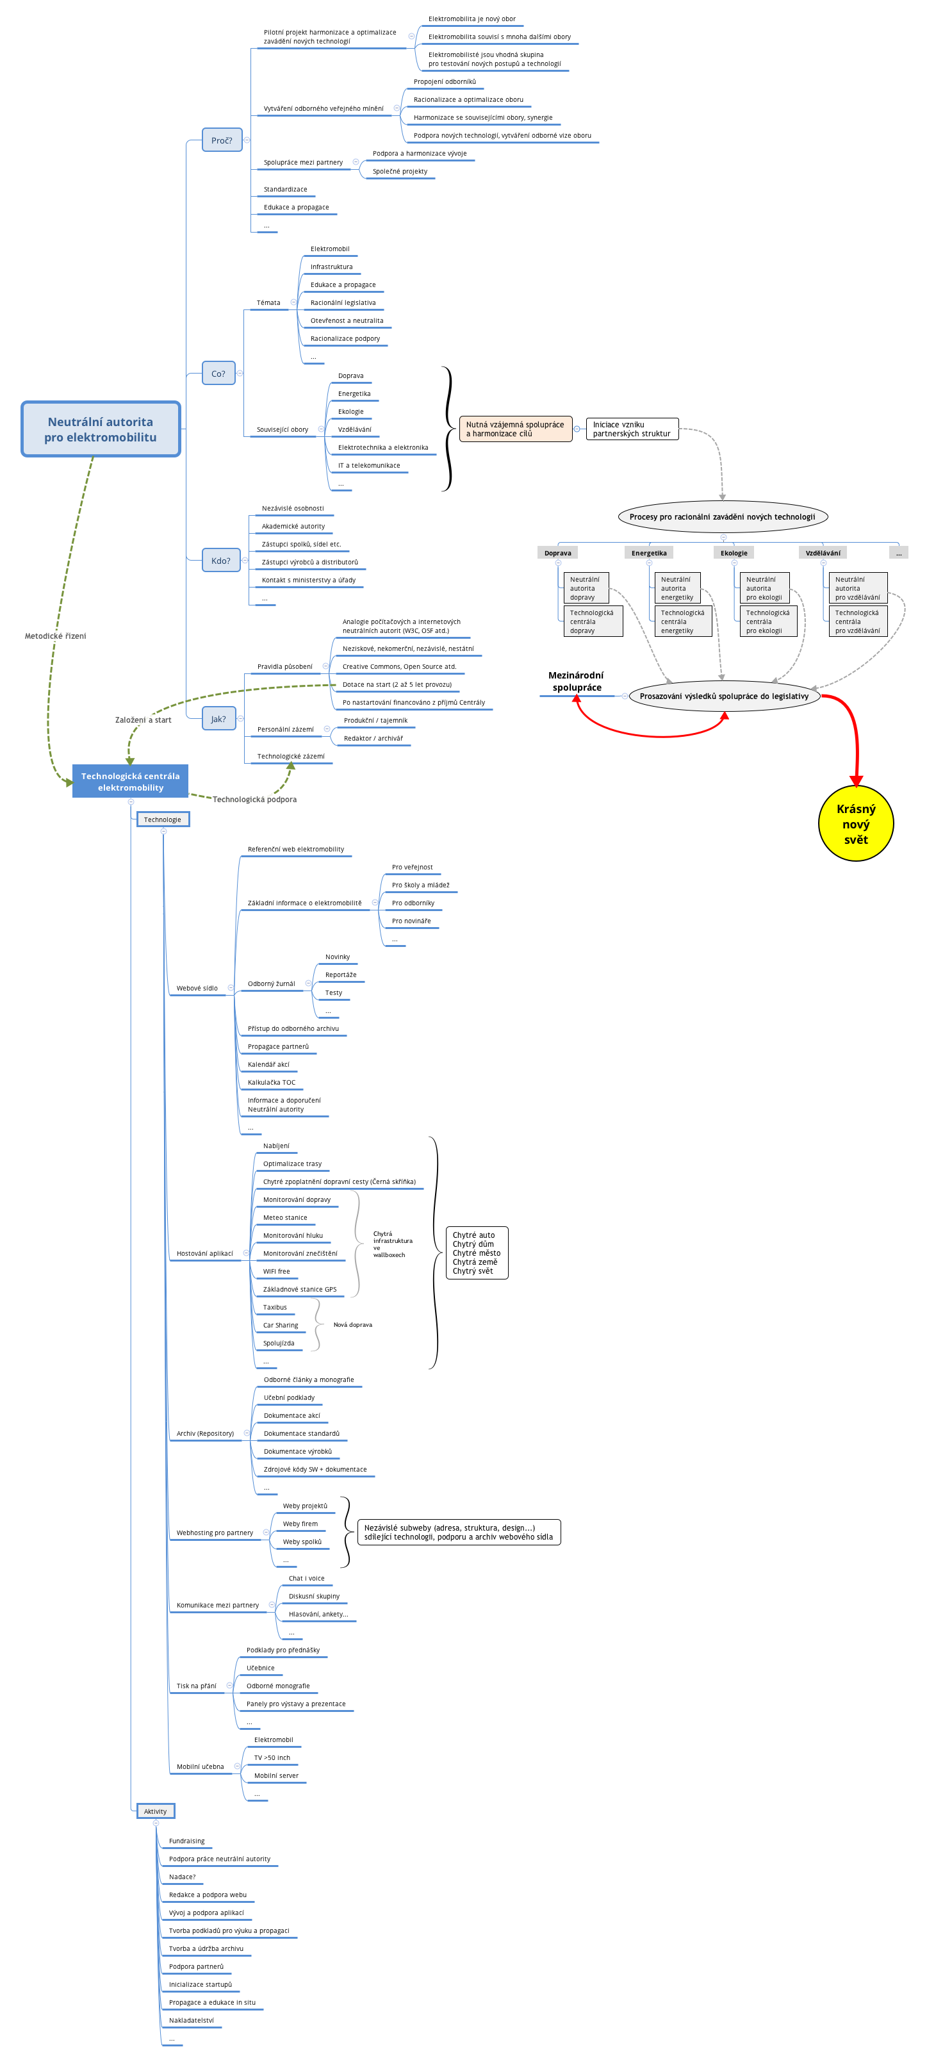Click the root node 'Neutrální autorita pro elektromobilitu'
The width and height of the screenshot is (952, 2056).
[101, 429]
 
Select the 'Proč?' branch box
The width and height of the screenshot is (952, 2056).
[222, 140]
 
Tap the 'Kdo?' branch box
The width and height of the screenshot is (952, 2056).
[220, 561]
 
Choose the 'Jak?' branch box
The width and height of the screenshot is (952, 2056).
[218, 719]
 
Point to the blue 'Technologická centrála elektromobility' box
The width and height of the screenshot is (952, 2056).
[130, 782]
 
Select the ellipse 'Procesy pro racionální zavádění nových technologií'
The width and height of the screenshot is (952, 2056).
[722, 517]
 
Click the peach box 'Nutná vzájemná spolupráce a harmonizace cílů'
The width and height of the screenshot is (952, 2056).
[516, 429]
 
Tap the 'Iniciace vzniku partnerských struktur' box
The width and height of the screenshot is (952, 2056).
[632, 429]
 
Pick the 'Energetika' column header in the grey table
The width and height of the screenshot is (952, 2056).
[649, 553]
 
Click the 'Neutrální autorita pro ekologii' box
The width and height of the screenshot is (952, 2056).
[764, 588]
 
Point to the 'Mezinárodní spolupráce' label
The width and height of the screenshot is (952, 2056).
[576, 682]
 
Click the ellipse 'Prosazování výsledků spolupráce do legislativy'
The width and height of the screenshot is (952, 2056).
[724, 696]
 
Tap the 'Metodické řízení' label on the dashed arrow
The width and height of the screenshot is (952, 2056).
[55, 636]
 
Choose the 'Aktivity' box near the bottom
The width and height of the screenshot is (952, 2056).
[156, 1812]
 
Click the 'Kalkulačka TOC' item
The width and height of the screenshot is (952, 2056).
[272, 1082]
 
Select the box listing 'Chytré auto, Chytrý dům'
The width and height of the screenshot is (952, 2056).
[477, 1253]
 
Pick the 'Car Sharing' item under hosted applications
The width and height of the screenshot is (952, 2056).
[281, 1325]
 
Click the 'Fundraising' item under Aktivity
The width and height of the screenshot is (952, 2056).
[186, 1841]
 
